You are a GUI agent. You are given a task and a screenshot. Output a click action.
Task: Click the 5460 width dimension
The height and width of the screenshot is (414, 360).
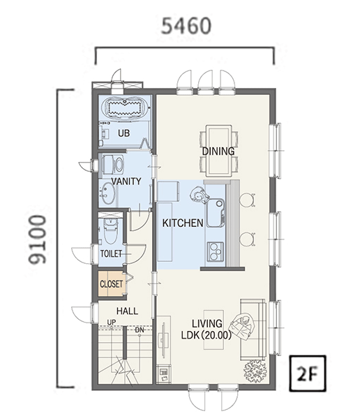tap(186, 26)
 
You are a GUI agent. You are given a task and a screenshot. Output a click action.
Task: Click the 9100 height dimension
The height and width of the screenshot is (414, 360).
tap(38, 239)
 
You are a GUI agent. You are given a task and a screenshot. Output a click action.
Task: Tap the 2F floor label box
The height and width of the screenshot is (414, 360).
tap(308, 374)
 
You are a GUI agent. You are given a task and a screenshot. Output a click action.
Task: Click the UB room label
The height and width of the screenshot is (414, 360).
tap(123, 133)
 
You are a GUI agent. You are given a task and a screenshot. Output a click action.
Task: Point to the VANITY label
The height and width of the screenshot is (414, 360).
tap(126, 182)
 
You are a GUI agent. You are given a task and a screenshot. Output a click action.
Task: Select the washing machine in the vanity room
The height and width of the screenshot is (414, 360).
tap(113, 165)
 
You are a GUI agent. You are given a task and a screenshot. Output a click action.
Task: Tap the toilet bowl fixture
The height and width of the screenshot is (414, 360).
tap(111, 230)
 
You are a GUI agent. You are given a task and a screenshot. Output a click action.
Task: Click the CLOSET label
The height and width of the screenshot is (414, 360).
tap(112, 284)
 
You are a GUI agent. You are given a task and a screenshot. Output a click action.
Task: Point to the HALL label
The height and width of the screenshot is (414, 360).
tap(127, 311)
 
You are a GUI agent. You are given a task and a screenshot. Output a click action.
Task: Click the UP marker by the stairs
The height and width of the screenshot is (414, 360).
tap(111, 323)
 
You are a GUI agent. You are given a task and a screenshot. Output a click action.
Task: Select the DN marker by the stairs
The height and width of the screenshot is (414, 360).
tap(140, 330)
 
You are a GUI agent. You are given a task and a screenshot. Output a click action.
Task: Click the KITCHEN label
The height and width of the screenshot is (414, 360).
tap(183, 223)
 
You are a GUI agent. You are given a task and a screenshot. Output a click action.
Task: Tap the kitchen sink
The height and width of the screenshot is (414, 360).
tap(216, 213)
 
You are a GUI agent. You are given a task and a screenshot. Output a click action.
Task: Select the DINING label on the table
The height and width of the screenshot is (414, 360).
tap(218, 151)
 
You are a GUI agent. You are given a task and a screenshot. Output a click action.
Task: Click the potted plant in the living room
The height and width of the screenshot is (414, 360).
tap(255, 371)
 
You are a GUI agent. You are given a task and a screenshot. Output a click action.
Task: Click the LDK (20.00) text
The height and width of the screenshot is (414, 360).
tap(206, 335)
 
